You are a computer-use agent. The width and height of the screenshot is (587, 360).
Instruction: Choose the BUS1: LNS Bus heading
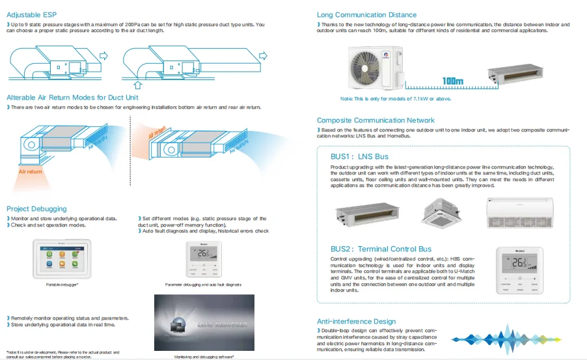359,156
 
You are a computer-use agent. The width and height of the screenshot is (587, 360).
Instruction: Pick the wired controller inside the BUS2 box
519,271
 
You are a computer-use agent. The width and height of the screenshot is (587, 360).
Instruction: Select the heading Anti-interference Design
356,322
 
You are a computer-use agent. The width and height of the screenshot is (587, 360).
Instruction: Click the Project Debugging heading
36,209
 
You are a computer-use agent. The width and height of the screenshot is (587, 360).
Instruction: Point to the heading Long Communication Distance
366,14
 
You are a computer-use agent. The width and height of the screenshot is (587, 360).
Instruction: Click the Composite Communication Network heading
375,120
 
